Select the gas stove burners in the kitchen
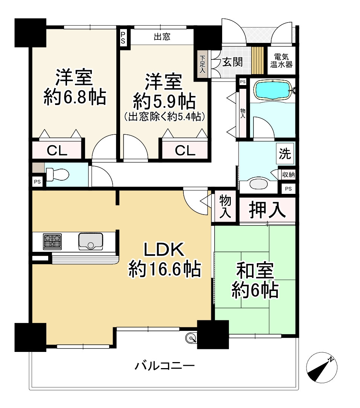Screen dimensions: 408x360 (x=52, y=241)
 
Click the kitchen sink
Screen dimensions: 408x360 (x=90, y=241)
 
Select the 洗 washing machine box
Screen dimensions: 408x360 (x=285, y=154)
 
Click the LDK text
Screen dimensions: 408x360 (x=164, y=250)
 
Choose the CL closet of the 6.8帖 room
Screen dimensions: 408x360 (x=57, y=151)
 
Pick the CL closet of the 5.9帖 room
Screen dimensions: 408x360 (x=185, y=151)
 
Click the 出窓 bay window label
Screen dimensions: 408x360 (x=162, y=37)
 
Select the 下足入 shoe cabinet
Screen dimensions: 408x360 (x=202, y=64)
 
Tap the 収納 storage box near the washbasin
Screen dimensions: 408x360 (x=289, y=175)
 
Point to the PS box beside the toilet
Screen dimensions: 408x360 (x=37, y=181)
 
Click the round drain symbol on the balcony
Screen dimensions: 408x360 (x=192, y=338)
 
